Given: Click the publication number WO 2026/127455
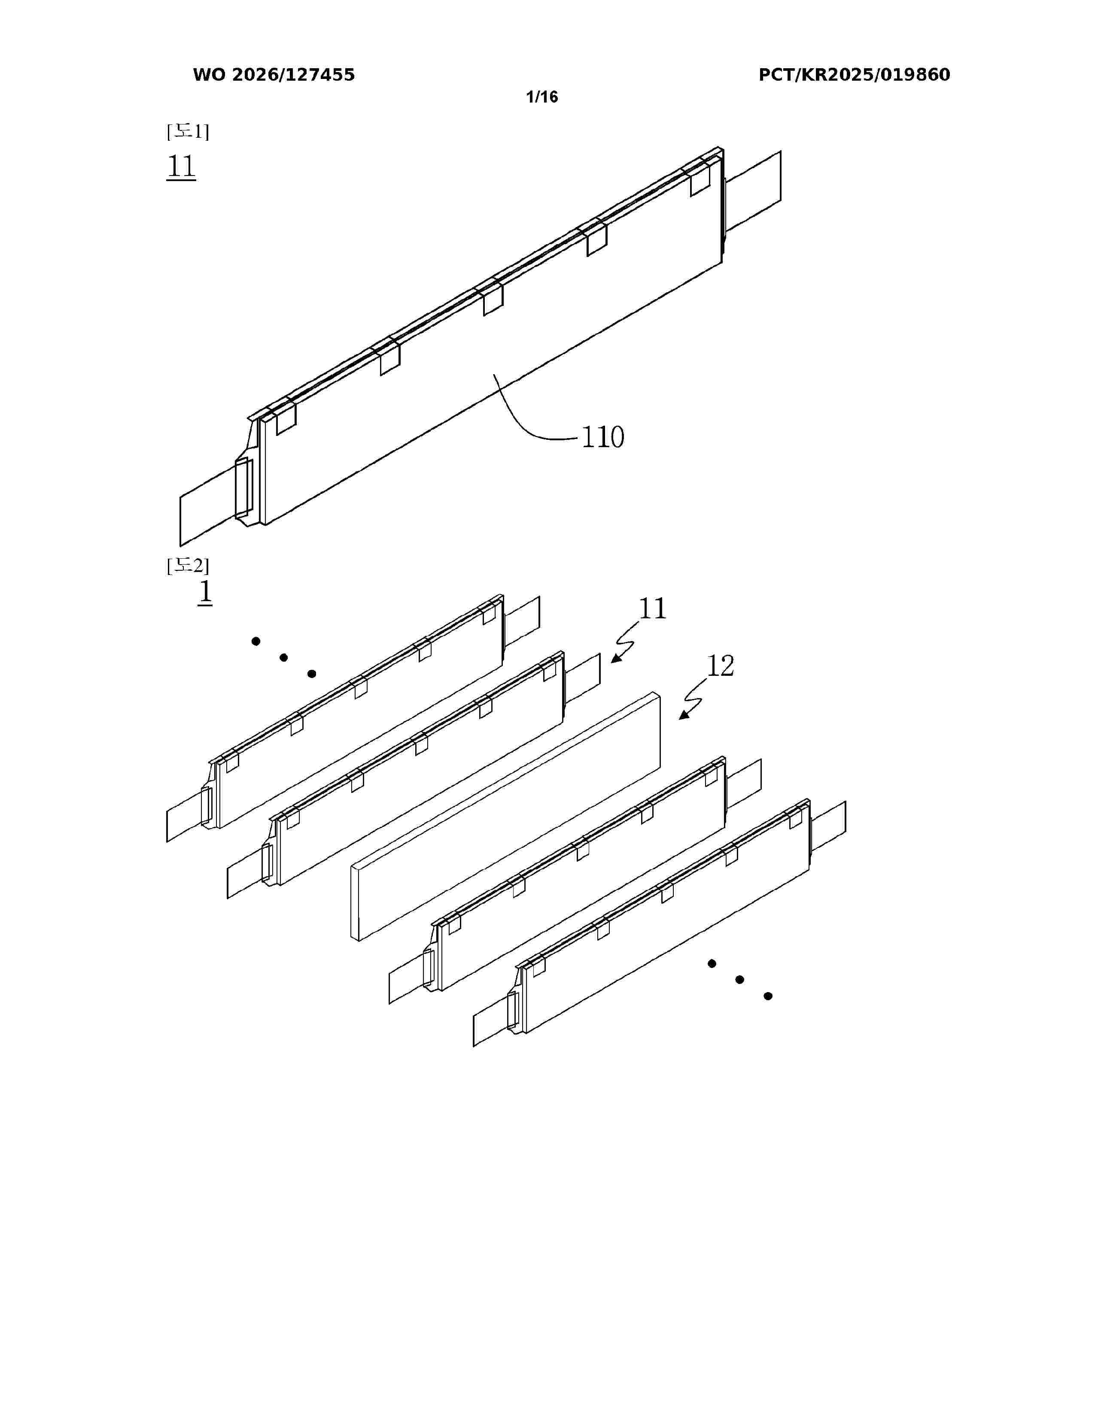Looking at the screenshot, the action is coord(274,75).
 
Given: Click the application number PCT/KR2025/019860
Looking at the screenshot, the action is coord(855,75).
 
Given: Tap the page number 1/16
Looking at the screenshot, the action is coord(541,97).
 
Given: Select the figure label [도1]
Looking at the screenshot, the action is coord(188,132).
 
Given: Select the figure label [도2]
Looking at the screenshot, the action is coord(188,566).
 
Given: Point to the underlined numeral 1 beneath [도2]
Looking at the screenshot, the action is coord(205,592).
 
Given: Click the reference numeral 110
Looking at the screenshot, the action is coord(602,437).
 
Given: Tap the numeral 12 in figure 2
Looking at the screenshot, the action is coord(720,666).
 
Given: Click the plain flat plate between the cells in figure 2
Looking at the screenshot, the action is coord(506,817).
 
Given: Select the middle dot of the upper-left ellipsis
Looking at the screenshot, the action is coord(283,657).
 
